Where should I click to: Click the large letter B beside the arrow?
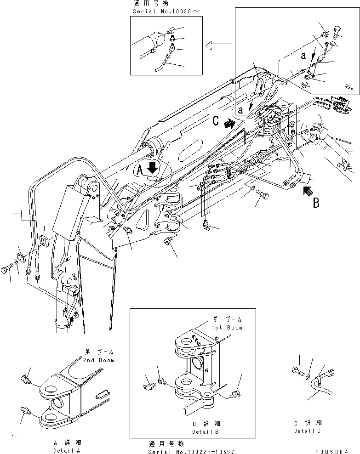(x=316, y=203)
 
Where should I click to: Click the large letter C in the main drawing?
(x=216, y=122)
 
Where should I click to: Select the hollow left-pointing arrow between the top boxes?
(x=217, y=45)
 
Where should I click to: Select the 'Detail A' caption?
(x=66, y=451)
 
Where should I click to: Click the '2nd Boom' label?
(x=99, y=360)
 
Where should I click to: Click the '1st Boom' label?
(x=227, y=327)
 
